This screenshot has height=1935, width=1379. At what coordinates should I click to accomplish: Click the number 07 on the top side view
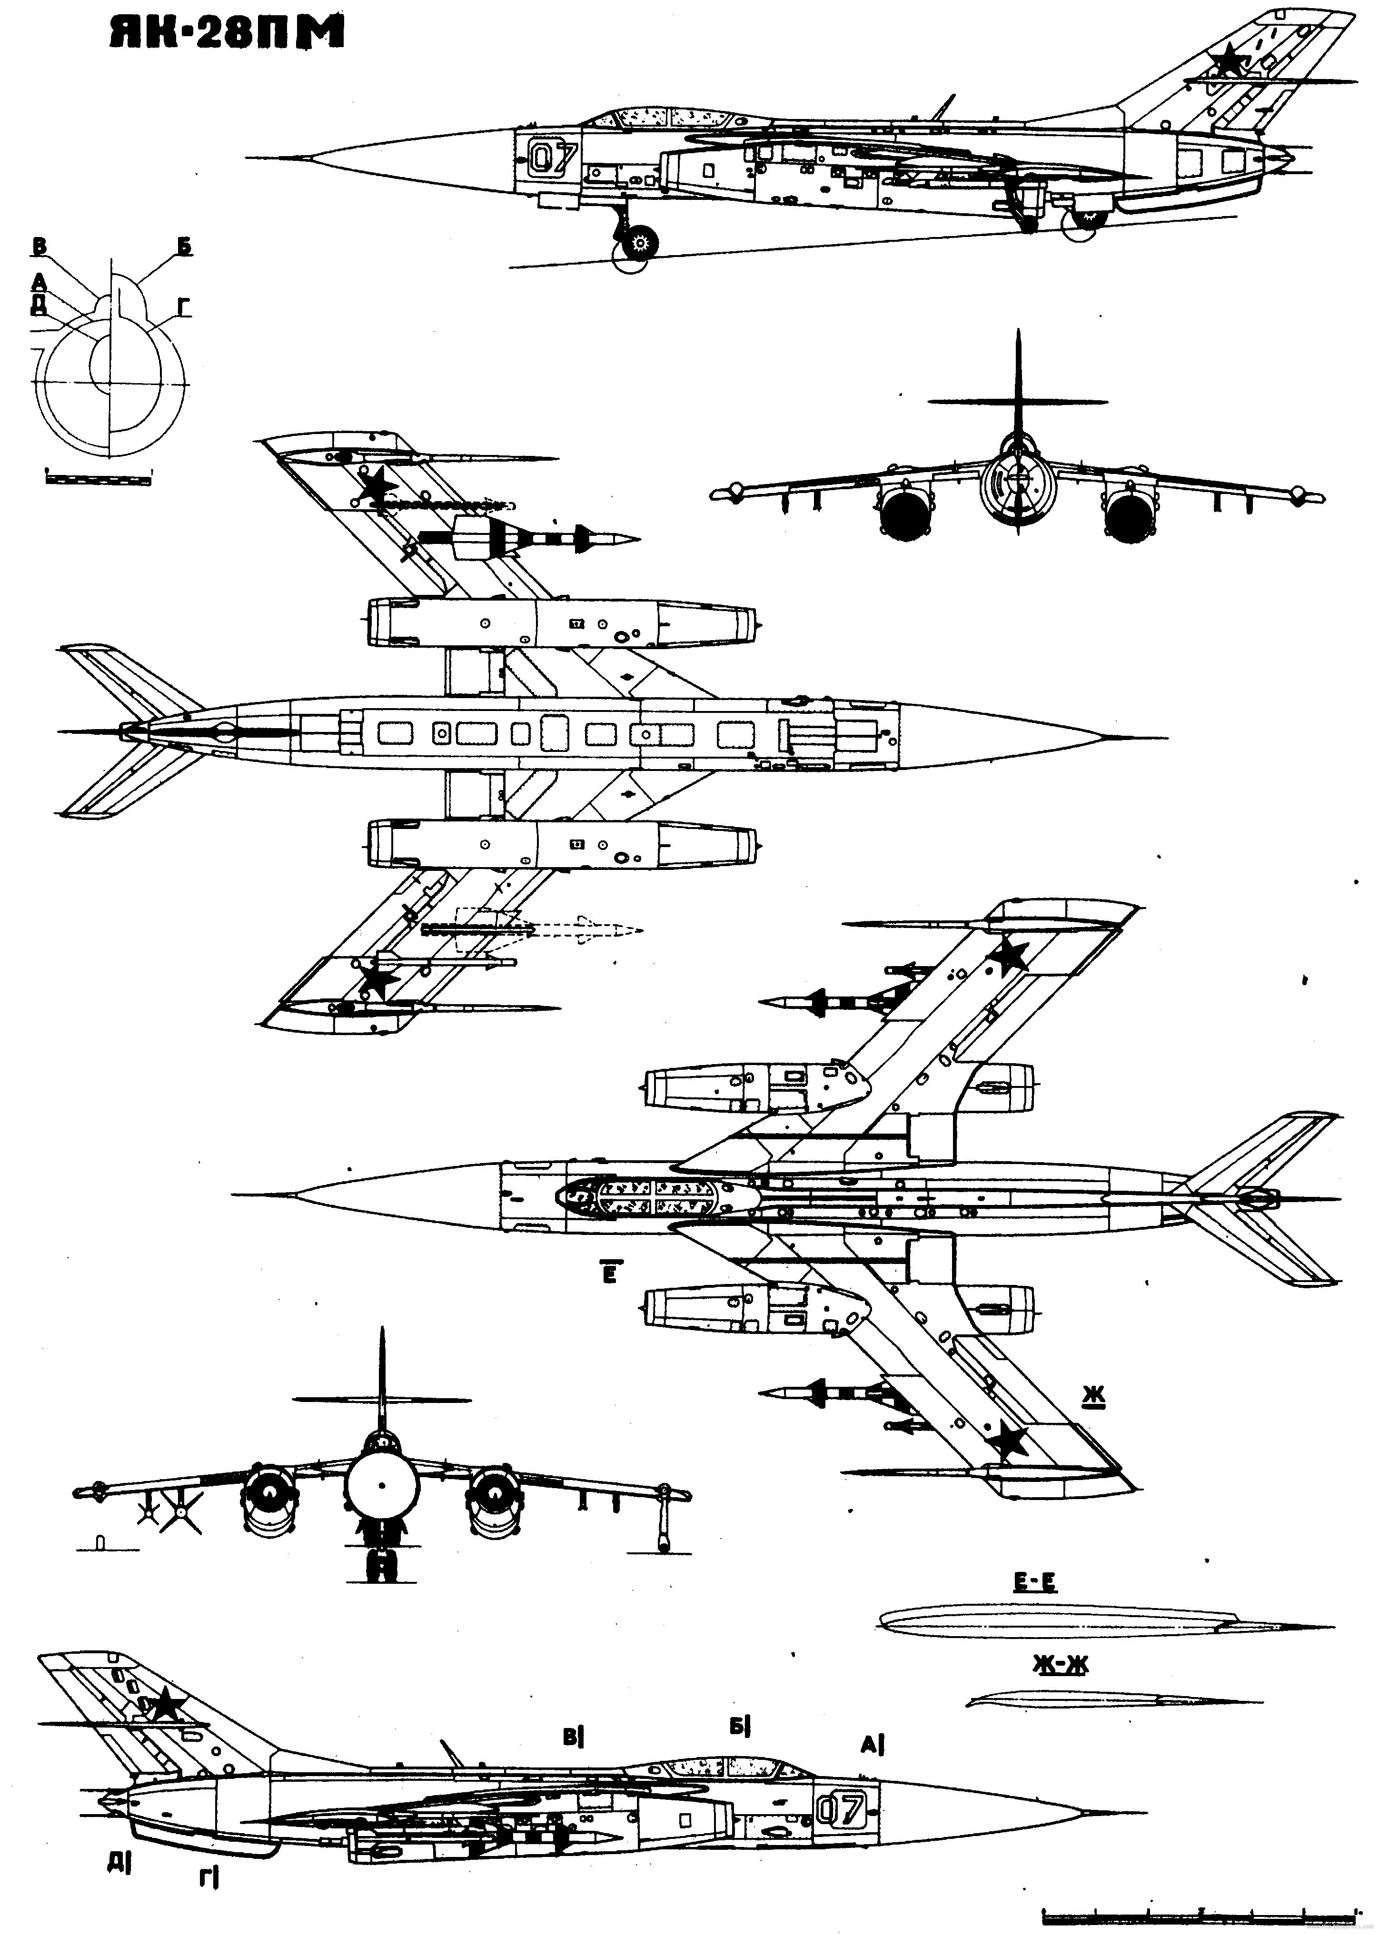coord(553,157)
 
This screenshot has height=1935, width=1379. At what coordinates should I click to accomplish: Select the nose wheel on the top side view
coord(638,245)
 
